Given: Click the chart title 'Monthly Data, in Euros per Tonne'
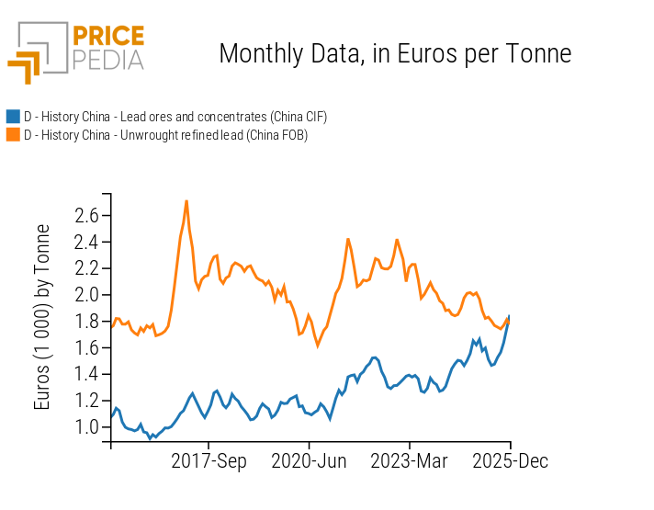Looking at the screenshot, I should (395, 54).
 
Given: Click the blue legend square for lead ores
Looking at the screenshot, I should (13, 117).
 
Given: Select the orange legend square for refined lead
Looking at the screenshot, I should (13, 135).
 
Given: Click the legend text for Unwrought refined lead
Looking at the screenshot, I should (165, 135).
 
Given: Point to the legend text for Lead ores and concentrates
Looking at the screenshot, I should (175, 117).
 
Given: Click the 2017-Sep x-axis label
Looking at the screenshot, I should (209, 461).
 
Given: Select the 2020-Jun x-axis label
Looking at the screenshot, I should (309, 461).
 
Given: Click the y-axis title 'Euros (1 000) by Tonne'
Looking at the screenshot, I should (43, 317).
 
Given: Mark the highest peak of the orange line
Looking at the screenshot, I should (186, 201).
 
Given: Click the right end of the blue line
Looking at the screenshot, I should (509, 316).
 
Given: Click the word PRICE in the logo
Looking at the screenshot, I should (107, 37).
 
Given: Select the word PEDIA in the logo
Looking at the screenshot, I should (107, 60).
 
